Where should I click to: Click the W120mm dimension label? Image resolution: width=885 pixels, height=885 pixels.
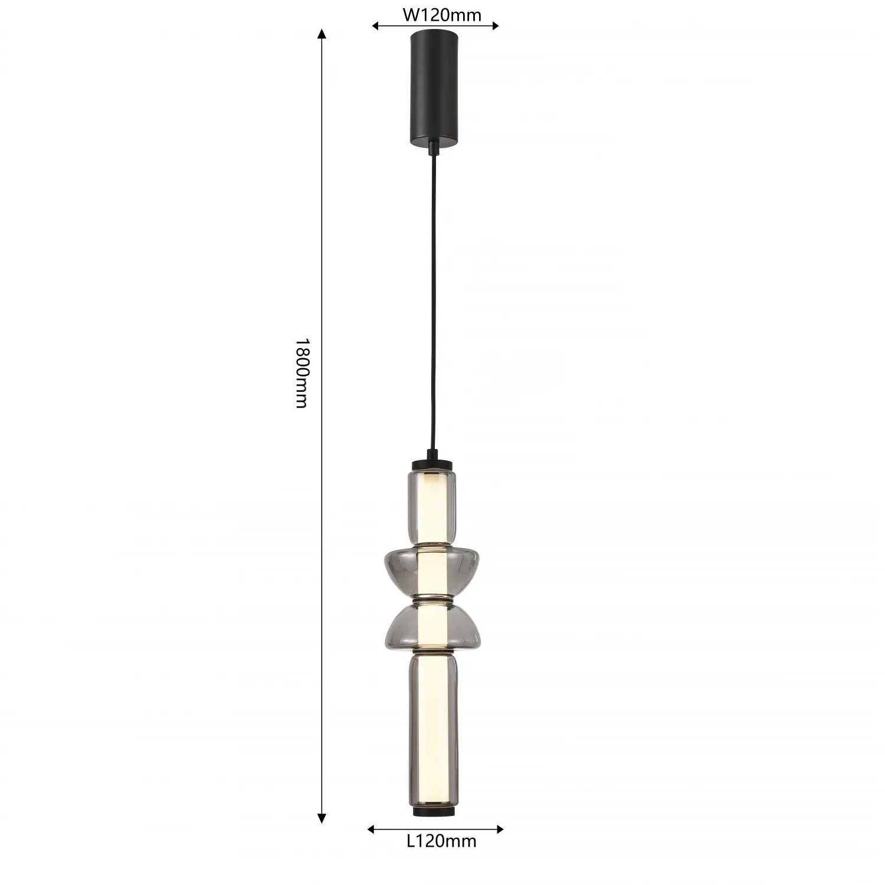[x=442, y=15]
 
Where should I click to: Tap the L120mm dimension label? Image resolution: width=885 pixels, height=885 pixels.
[x=441, y=841]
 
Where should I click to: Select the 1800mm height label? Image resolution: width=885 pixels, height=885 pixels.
[x=301, y=373]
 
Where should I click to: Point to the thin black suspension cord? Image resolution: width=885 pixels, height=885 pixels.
[x=434, y=301]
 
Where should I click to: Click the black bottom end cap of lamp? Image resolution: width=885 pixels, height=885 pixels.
[x=433, y=812]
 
